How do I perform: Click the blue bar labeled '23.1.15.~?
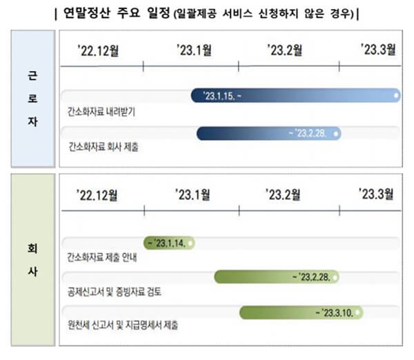pyautogui.click(x=295, y=96)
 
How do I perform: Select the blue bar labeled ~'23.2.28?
pyautogui.click(x=269, y=133)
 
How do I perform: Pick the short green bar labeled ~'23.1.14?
pyautogui.click(x=169, y=243)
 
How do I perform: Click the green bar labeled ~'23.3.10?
pyautogui.click(x=302, y=312)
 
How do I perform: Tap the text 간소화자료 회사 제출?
pyautogui.click(x=103, y=147)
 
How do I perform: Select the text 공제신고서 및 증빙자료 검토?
pyautogui.click(x=114, y=292)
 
